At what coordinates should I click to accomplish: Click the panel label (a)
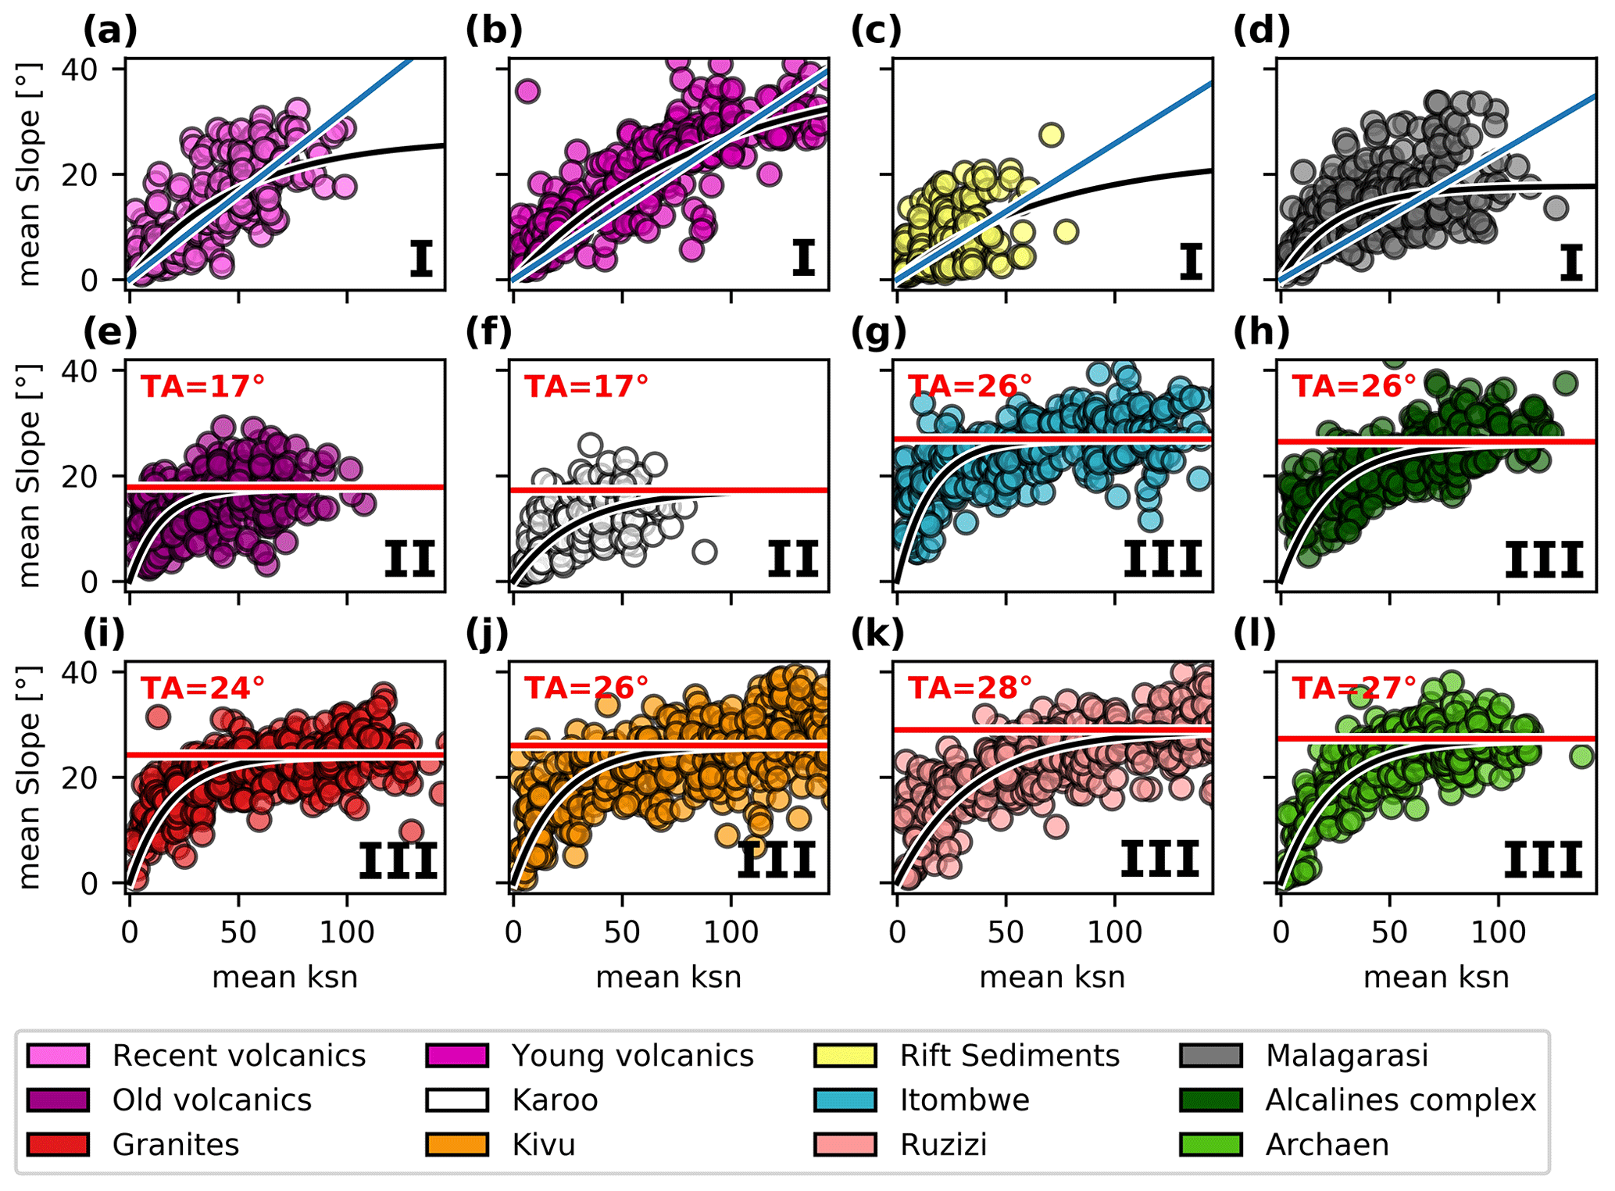pyautogui.click(x=110, y=31)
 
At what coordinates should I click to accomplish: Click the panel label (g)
pyautogui.click(x=878, y=332)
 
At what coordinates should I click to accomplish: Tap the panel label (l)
pyautogui.click(x=1254, y=634)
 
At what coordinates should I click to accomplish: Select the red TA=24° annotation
pyautogui.click(x=202, y=688)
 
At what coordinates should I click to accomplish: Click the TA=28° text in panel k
pyautogui.click(x=970, y=688)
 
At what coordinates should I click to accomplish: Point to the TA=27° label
pyautogui.click(x=1353, y=688)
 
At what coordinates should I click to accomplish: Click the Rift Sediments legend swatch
pyautogui.click(x=845, y=1055)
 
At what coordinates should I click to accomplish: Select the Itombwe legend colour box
pyautogui.click(x=845, y=1100)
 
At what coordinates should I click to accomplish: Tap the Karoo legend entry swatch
pyautogui.click(x=457, y=1100)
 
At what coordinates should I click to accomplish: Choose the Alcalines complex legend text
pyautogui.click(x=1400, y=1100)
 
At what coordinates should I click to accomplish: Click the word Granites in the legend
pyautogui.click(x=176, y=1145)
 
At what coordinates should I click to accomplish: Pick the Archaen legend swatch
pyautogui.click(x=1211, y=1145)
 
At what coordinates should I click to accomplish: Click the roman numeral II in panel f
pyautogui.click(x=792, y=560)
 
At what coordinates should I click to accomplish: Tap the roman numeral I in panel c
pyautogui.click(x=1190, y=261)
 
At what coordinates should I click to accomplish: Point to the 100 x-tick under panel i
pyautogui.click(x=347, y=932)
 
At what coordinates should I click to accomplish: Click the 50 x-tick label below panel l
pyautogui.click(x=1389, y=932)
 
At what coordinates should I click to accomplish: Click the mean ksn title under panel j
pyautogui.click(x=668, y=978)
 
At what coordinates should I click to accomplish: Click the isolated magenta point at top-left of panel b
pyautogui.click(x=527, y=91)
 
